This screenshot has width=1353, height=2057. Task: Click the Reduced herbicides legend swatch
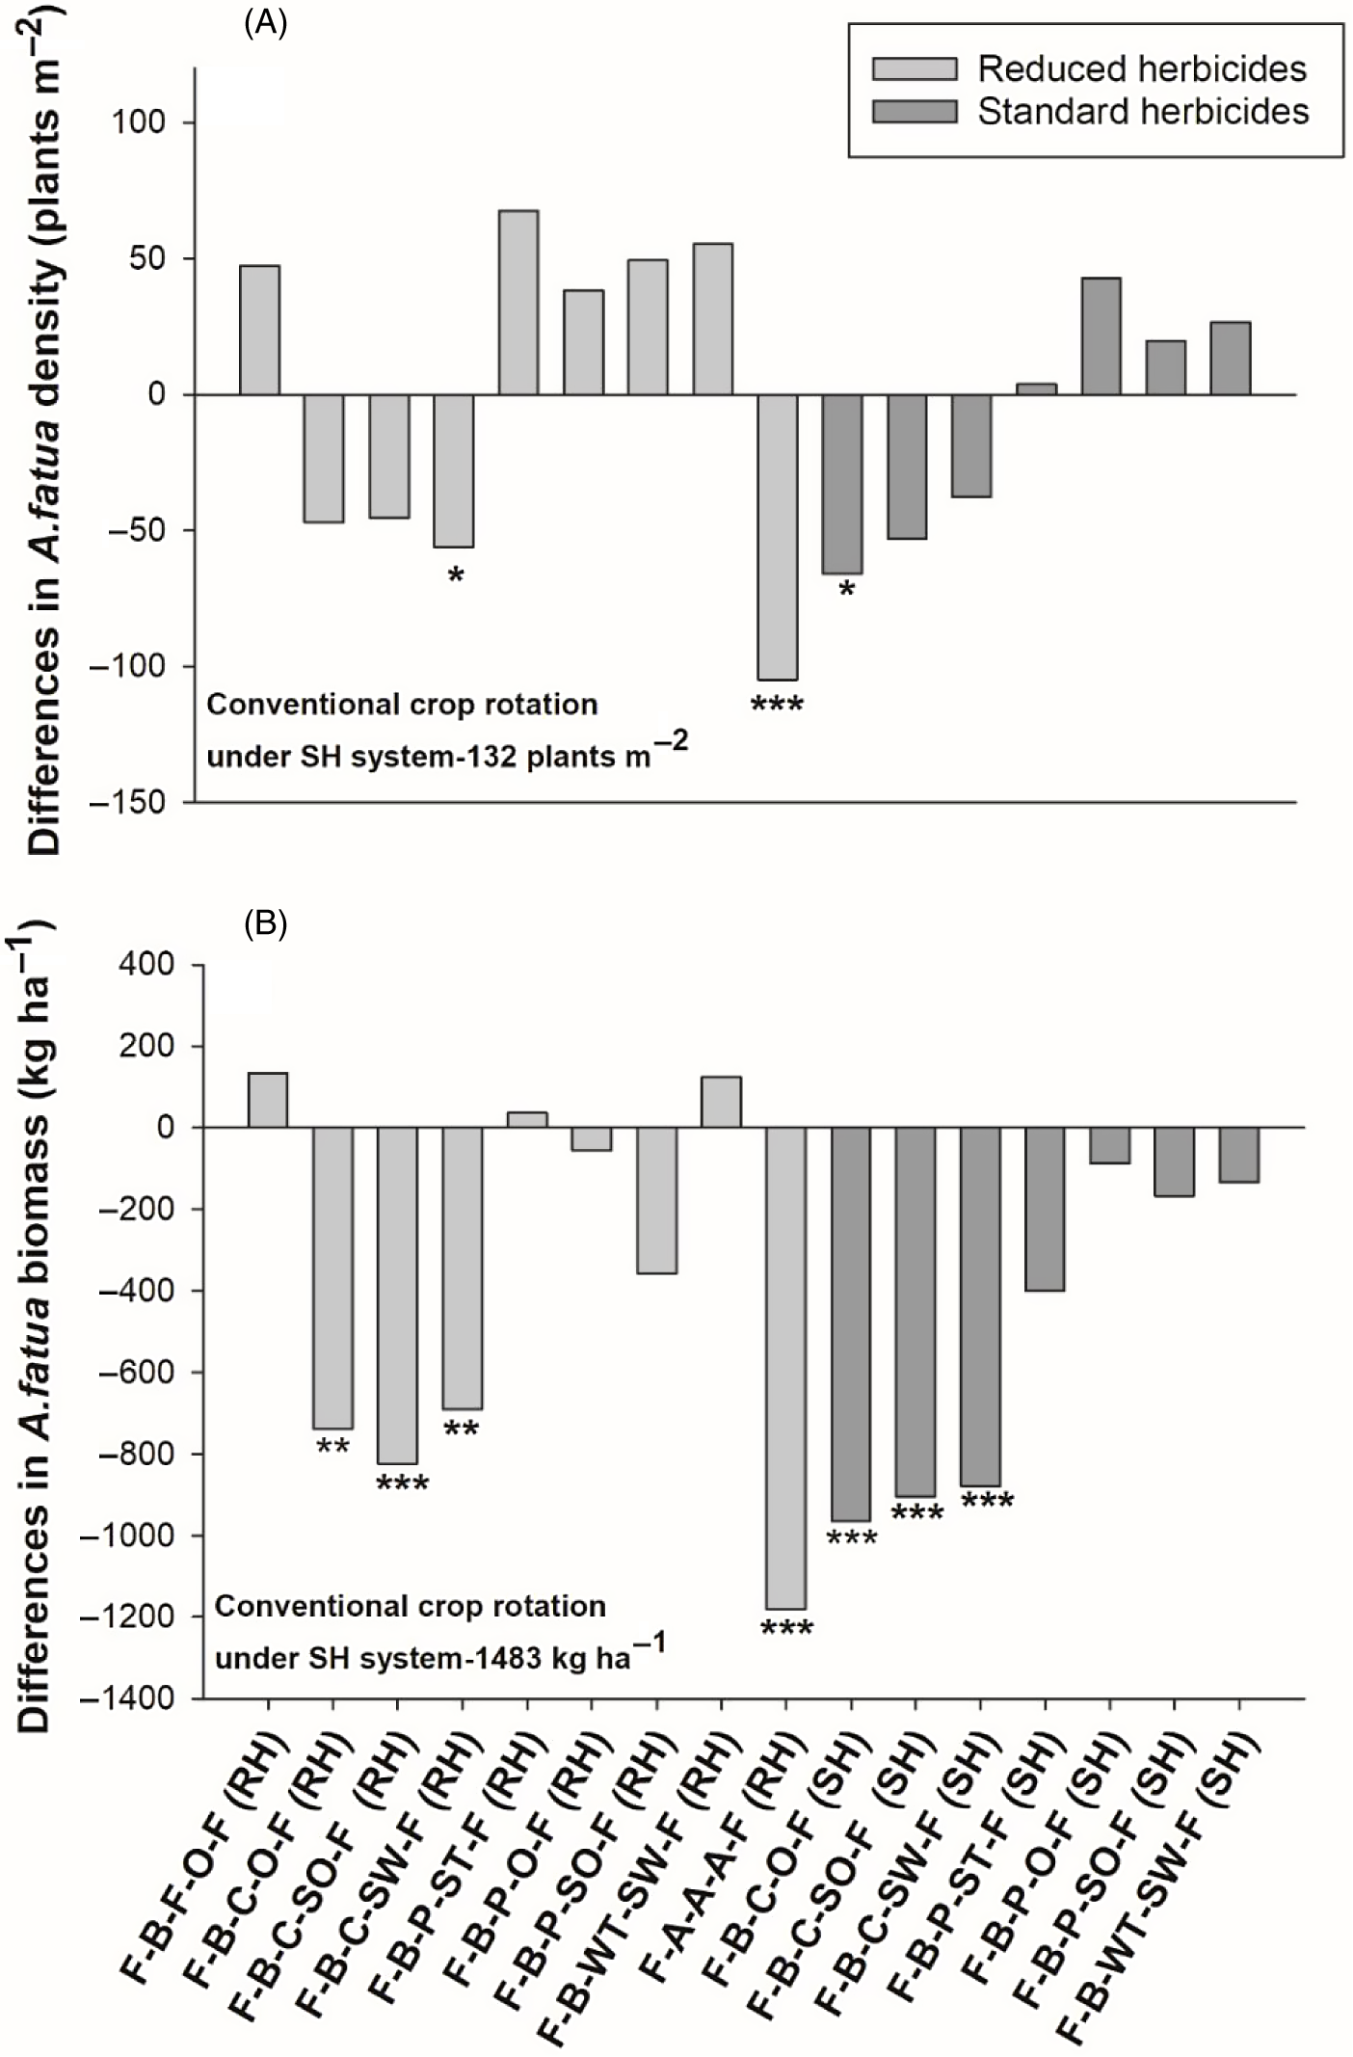click(x=915, y=69)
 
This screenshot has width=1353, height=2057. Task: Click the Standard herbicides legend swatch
click(x=915, y=112)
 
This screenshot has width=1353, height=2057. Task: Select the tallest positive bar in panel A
click(x=518, y=302)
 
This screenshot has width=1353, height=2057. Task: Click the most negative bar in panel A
click(x=777, y=537)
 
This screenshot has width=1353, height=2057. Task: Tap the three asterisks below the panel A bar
click(x=777, y=706)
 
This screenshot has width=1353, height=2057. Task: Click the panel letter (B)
click(x=265, y=924)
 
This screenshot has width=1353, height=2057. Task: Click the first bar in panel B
click(x=268, y=1100)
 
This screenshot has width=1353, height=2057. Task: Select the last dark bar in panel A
click(x=1231, y=358)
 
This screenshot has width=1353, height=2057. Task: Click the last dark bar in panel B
click(x=1238, y=1155)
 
